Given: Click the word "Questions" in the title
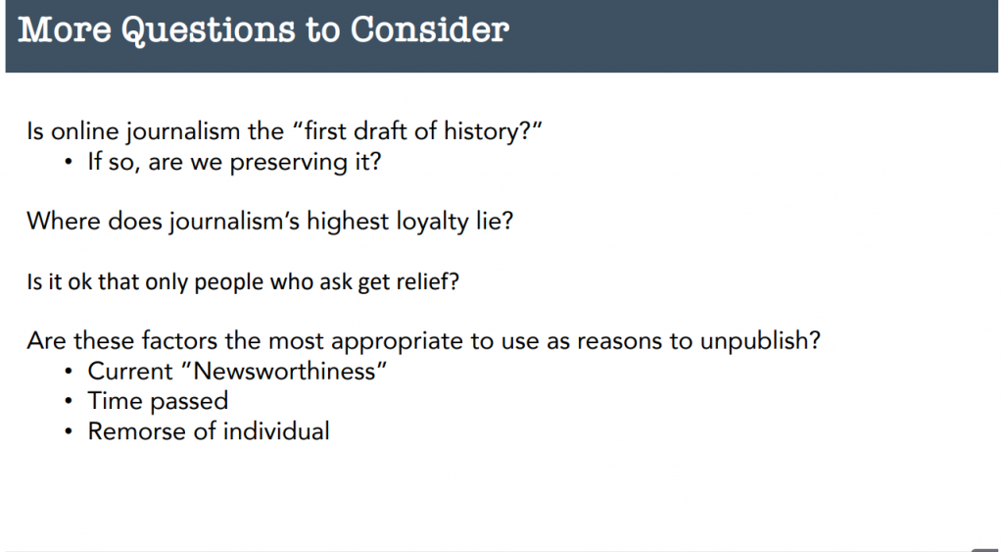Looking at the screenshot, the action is (x=209, y=30).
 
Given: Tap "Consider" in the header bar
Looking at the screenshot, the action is (x=430, y=29).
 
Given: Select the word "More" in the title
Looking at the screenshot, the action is (x=65, y=29).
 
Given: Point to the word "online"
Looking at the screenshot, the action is (x=85, y=131).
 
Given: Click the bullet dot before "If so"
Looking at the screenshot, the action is (x=69, y=162).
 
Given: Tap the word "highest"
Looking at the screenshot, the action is (x=348, y=222).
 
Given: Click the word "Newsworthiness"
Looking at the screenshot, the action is (x=285, y=371).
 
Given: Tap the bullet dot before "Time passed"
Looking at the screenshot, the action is (x=69, y=402).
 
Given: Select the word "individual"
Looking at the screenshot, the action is (x=276, y=431).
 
